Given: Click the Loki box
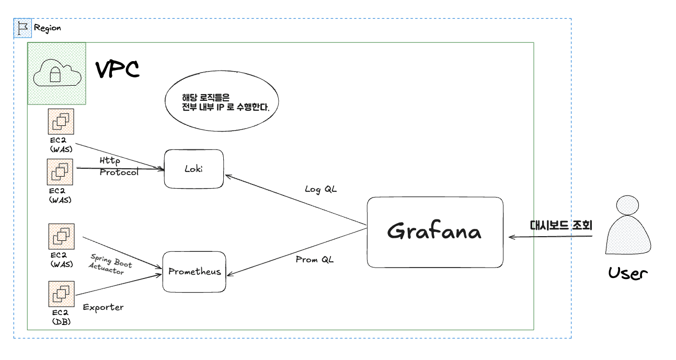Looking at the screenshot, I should (193, 169).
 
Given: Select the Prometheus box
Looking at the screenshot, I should (194, 272).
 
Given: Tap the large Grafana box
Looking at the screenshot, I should (434, 232).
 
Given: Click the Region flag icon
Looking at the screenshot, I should (22, 28).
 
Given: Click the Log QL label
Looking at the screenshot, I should (321, 189).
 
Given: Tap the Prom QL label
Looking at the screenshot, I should (314, 259).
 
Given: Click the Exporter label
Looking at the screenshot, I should (103, 307).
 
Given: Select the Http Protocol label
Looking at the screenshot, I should (119, 166).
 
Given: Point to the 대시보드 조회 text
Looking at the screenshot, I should (561, 226).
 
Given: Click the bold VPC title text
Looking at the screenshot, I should (117, 69).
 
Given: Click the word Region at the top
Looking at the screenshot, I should (48, 28).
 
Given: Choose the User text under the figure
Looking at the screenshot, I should (627, 273).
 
